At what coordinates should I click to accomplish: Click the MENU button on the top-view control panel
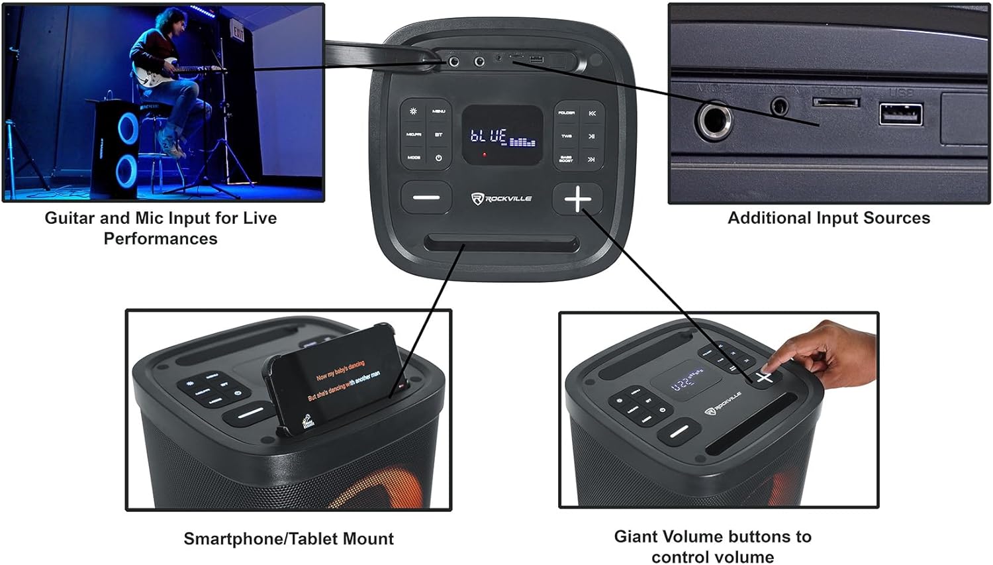[438, 111]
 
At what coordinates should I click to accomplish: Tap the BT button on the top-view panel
[438, 135]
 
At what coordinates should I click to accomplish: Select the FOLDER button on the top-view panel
[567, 113]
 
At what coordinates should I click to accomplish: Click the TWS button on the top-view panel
[567, 136]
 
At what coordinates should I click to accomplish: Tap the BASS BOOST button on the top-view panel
[567, 159]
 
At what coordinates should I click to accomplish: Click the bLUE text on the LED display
[489, 136]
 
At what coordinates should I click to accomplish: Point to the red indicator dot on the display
[485, 155]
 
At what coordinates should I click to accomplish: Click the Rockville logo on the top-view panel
[502, 198]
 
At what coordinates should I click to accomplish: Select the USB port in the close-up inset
[900, 115]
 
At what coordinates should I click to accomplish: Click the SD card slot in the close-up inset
[836, 103]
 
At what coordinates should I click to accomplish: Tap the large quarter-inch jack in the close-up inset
[714, 121]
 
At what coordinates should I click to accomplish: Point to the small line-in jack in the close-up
[780, 105]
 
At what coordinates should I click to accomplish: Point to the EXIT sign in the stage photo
[238, 33]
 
